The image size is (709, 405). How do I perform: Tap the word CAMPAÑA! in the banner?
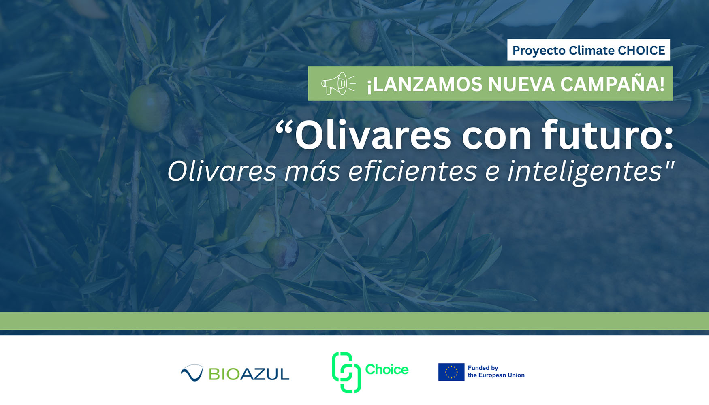(612, 84)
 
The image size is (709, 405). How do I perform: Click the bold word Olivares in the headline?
(372, 136)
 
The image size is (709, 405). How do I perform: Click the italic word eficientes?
(413, 171)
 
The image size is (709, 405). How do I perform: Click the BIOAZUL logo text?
(249, 374)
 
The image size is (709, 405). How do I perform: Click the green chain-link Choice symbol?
(346, 372)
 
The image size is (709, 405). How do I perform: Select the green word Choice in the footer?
(387, 369)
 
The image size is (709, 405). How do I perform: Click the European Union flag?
(451, 372)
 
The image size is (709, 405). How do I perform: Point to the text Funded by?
(483, 368)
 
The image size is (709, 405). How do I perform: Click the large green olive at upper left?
(149, 107)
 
